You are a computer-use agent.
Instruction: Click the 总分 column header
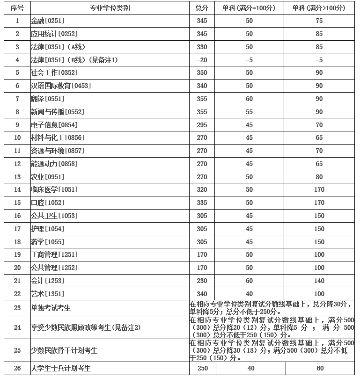(202, 8)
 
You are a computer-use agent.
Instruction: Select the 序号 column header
(17, 8)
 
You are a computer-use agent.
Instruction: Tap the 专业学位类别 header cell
(110, 8)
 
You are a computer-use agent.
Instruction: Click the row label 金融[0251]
(47, 21)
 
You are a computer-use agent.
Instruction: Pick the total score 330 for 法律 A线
(202, 47)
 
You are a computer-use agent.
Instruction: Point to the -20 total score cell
(202, 60)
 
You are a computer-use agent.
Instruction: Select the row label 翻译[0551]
(47, 99)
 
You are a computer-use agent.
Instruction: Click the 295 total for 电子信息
(202, 125)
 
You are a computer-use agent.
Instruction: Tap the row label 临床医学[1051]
(54, 189)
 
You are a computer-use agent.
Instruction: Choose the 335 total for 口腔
(202, 203)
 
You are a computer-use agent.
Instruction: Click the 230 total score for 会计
(202, 281)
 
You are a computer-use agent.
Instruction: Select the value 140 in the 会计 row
(320, 281)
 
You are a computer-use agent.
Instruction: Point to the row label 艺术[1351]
(47, 294)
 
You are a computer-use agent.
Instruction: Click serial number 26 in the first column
(17, 368)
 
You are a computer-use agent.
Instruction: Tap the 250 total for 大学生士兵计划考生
(202, 368)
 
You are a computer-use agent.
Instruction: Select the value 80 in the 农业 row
(320, 177)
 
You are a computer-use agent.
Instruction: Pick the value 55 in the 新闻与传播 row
(249, 112)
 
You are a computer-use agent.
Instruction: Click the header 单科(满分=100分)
(249, 8)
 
